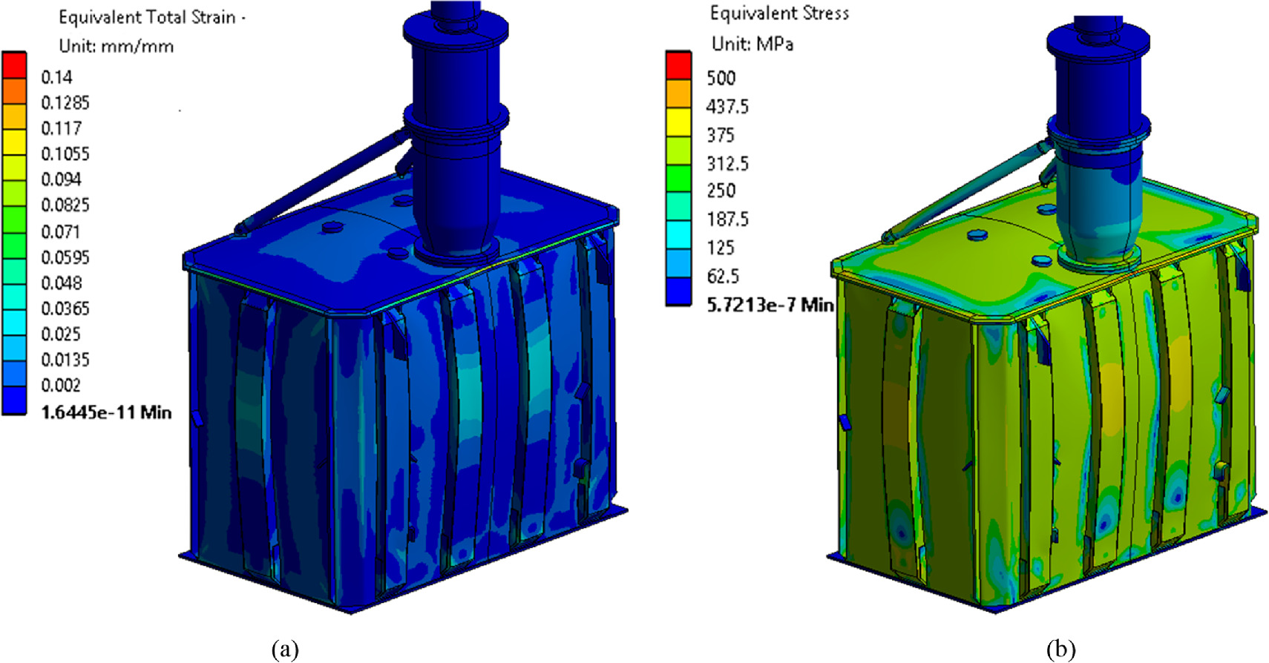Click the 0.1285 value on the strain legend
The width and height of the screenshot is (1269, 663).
[65, 102]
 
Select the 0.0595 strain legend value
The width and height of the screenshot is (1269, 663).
[65, 257]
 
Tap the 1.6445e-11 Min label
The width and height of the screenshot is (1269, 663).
[106, 412]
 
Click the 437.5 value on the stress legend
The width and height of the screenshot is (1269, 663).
[727, 107]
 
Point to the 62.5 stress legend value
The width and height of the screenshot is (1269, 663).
[722, 277]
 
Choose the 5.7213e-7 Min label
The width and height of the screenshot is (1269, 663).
[770, 305]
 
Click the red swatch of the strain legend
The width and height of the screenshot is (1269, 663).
[14, 64]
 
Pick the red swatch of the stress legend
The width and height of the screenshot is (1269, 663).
[678, 65]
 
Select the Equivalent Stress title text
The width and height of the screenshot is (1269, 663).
[779, 13]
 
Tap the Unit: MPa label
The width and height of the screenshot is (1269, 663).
[752, 44]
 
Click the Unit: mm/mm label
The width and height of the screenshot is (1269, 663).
[116, 46]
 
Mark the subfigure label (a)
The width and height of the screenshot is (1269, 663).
[285, 649]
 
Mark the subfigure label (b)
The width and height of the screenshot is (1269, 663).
[1060, 649]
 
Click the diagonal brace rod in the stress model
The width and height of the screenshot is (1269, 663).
[965, 190]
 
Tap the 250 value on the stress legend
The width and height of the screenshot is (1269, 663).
[721, 191]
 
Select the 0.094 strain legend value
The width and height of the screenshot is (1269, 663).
[61, 179]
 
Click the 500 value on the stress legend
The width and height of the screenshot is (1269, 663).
[721, 78]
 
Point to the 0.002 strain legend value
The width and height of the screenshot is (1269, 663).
[60, 385]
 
